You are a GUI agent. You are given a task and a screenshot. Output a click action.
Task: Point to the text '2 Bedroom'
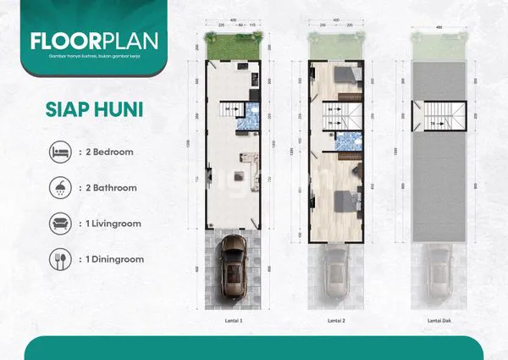[105, 153]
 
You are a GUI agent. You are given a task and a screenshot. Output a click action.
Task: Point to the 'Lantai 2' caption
[336, 323]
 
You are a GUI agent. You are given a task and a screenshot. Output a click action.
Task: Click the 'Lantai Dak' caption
[439, 323]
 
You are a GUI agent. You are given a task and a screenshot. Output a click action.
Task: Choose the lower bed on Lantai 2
[344, 201]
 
